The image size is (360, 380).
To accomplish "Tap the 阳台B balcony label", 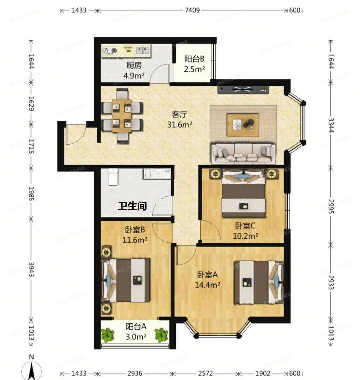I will pos(194,59).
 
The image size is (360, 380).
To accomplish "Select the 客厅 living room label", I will pos(179,115).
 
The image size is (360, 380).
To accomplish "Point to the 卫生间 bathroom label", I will pos(133,206).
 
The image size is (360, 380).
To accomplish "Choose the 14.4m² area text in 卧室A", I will pos(207,285).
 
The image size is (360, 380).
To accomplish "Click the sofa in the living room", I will pos(243,154).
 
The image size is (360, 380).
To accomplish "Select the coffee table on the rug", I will pos(243,125).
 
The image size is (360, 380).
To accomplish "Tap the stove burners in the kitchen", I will pos(110,51).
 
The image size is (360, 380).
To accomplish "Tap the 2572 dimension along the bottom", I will pos(204,373).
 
